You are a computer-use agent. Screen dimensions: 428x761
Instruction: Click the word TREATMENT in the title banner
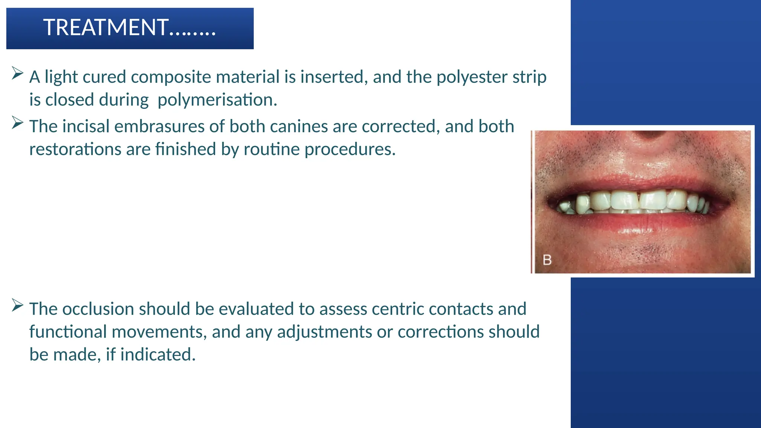[106, 28]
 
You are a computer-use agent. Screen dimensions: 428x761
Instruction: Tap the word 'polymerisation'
[217, 100]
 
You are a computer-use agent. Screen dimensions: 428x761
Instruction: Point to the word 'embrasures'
[160, 126]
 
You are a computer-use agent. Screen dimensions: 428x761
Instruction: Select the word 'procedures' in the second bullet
[350, 149]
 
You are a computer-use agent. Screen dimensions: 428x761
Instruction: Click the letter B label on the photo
[547, 260]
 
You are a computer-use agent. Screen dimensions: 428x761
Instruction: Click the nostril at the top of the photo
[649, 136]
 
